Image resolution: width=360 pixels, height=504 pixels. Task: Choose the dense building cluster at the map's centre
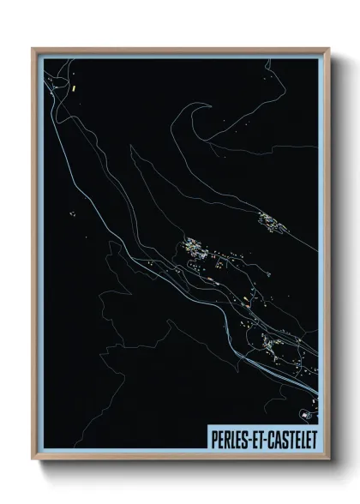pyautogui.click(x=195, y=253)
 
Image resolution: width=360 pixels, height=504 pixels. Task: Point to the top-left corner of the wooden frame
pyautogui.click(x=33, y=48)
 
